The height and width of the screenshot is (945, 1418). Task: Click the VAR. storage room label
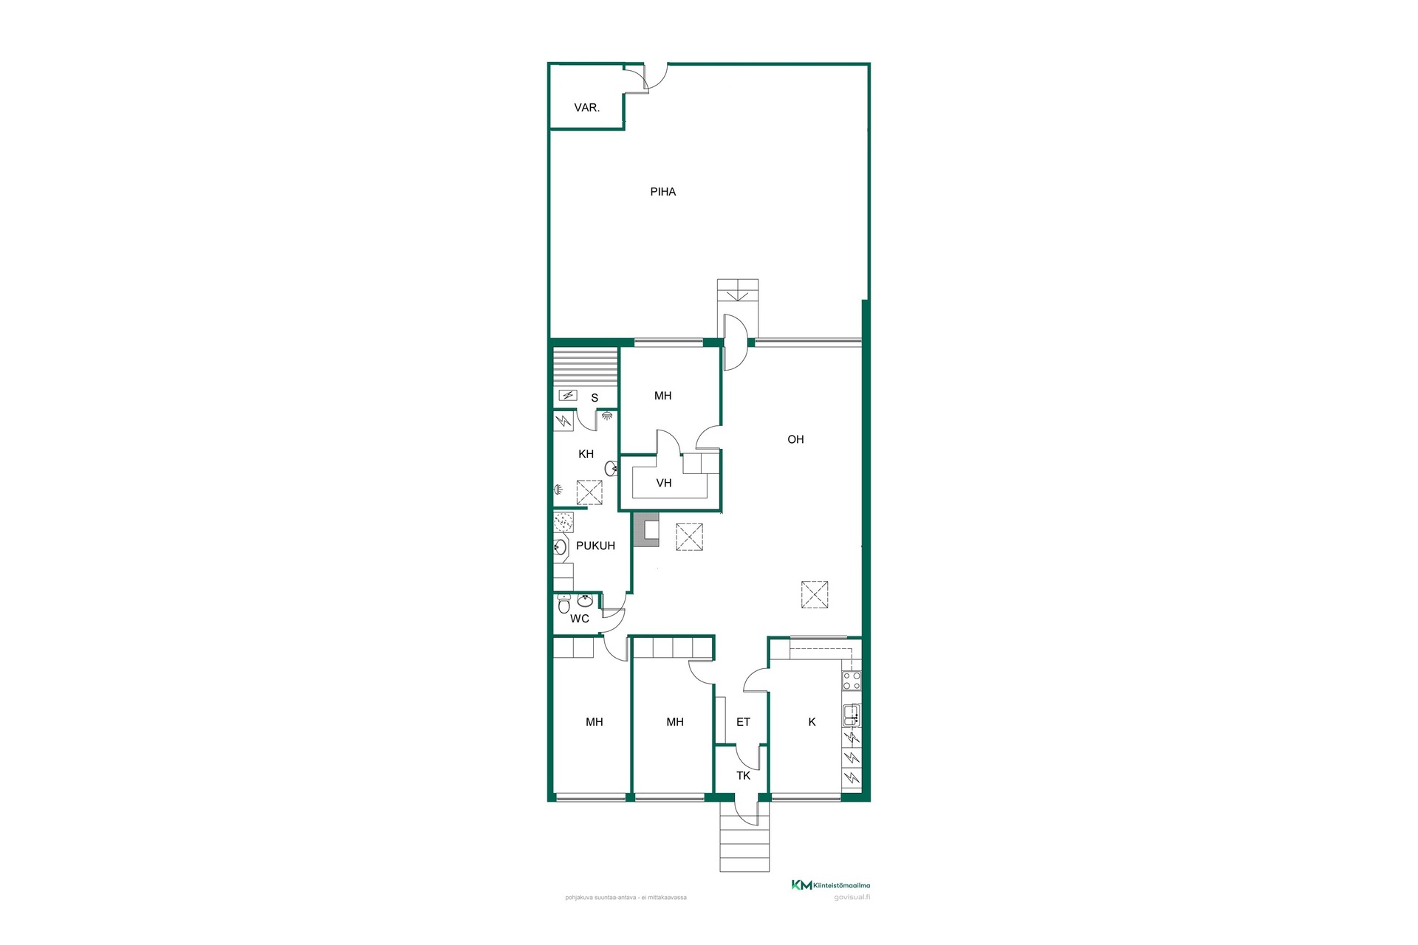click(586, 108)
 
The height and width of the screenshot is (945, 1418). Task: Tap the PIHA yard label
click(662, 192)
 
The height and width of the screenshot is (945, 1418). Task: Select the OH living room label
click(795, 439)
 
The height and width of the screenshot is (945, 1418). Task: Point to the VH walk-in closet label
click(664, 483)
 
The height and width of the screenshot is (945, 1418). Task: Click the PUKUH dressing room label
click(595, 546)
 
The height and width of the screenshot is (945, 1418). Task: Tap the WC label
click(580, 619)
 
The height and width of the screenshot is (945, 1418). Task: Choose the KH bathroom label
click(586, 454)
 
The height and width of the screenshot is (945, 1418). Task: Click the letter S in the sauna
click(595, 398)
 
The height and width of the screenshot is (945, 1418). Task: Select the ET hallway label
click(743, 722)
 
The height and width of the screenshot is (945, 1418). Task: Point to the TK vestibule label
click(743, 775)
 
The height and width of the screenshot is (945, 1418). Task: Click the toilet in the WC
click(564, 605)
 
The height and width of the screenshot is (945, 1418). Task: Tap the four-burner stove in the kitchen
click(852, 680)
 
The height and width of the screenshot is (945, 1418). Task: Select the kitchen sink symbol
click(852, 715)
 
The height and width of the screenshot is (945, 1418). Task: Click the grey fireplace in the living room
click(646, 530)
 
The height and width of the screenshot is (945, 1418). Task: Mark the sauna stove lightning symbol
click(568, 396)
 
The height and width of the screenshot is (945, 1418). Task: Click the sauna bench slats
click(586, 367)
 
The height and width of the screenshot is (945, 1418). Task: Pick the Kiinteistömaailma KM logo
click(801, 885)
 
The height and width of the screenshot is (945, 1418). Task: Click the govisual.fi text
click(852, 898)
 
